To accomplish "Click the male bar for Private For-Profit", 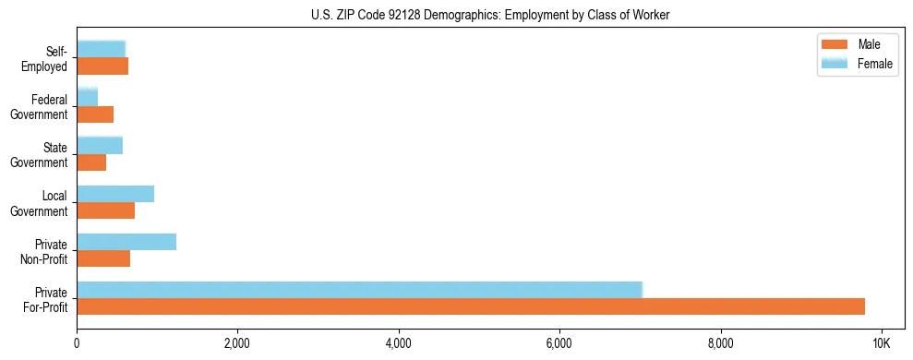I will pyautogui.click(x=471, y=306).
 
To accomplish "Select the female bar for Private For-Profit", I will pyautogui.click(x=359, y=290).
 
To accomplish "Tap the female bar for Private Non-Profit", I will pyautogui.click(x=126, y=242).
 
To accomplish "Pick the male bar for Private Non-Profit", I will pyautogui.click(x=103, y=258).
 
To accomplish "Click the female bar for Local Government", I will pyautogui.click(x=115, y=194).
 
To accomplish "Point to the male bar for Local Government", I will pyautogui.click(x=106, y=210).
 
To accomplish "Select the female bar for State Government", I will pyautogui.click(x=100, y=146).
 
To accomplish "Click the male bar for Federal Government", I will pyautogui.click(x=95, y=114).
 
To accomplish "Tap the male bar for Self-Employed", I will pyautogui.click(x=102, y=66).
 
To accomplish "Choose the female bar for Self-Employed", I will pyautogui.click(x=101, y=49).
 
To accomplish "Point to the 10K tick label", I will pyautogui.click(x=881, y=343).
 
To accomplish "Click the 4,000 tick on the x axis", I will pyautogui.click(x=399, y=343).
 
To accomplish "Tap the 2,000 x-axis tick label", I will pyautogui.click(x=237, y=343).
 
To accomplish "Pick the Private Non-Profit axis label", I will pyautogui.click(x=44, y=251).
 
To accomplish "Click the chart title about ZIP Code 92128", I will pyautogui.click(x=491, y=15).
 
